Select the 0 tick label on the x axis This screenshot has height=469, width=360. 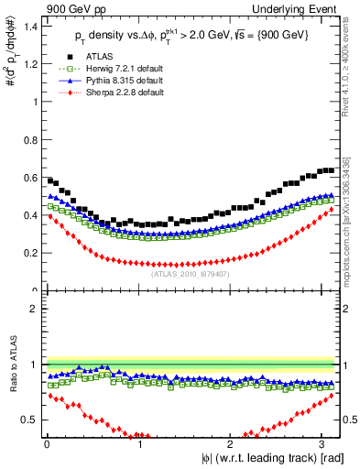[47, 443]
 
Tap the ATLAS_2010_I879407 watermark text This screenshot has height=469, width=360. [191, 272]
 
